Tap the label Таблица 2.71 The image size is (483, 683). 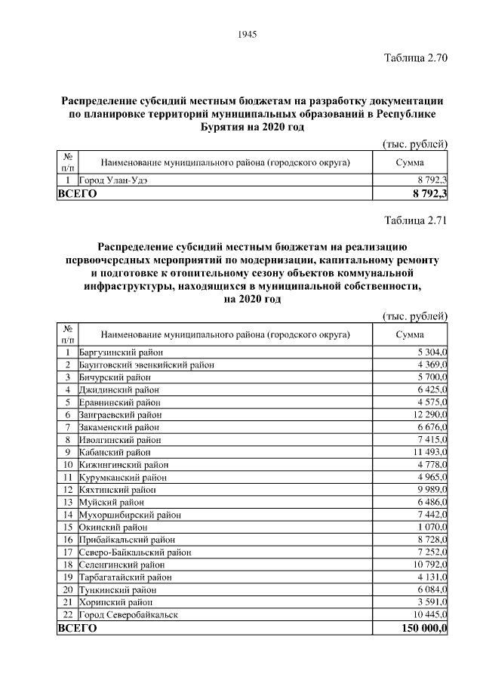(x=417, y=221)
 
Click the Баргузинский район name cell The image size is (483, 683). (x=121, y=352)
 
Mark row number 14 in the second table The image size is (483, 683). (x=67, y=515)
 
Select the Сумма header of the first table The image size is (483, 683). (x=410, y=162)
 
